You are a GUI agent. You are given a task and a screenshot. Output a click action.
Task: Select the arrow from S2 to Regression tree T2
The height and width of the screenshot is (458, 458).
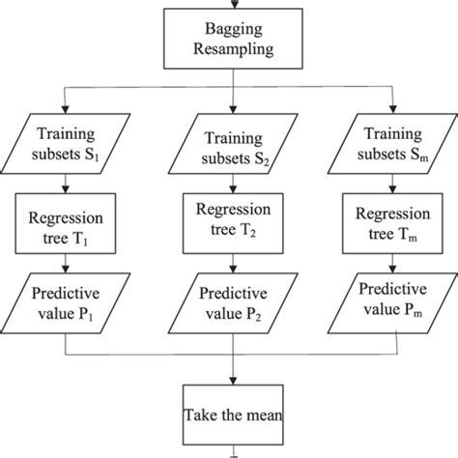tap(232, 184)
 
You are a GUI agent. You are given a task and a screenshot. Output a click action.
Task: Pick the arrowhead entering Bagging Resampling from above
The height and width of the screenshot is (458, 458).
tap(231, 6)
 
